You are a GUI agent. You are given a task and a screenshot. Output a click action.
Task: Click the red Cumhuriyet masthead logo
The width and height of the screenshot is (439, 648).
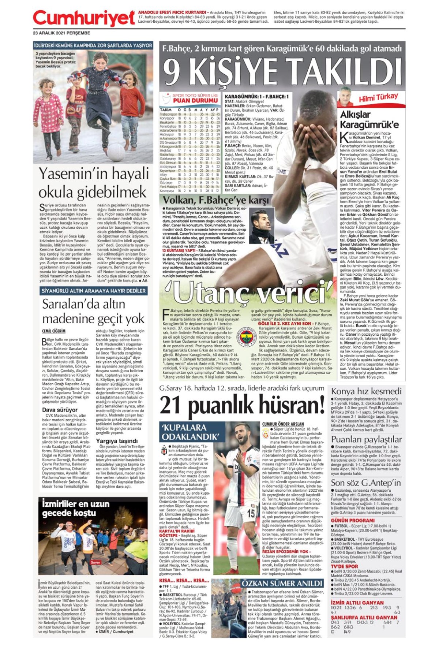[x=84, y=18]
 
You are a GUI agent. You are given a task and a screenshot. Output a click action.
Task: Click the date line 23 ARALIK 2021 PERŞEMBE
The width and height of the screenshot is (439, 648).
[x=61, y=33]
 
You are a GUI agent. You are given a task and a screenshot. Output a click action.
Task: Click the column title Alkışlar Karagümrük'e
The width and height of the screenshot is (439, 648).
[x=369, y=119]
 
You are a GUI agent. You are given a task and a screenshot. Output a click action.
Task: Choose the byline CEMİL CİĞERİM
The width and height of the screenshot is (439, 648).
[x=54, y=331]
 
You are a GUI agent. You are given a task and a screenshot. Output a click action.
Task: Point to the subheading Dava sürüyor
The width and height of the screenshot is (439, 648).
[x=60, y=410]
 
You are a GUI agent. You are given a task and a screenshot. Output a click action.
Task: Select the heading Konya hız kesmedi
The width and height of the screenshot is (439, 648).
[x=366, y=391]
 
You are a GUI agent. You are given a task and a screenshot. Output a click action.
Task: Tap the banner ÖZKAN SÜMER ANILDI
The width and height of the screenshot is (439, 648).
[x=282, y=583]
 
